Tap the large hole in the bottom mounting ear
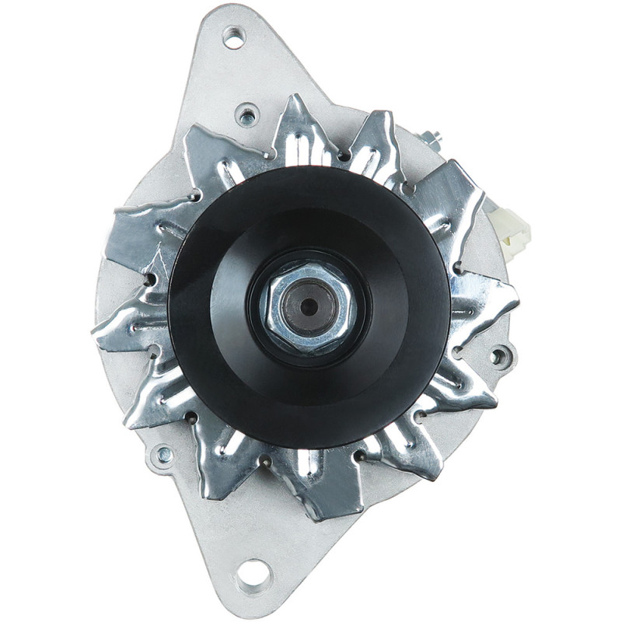pos(253,576)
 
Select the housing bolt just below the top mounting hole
pos(247,117)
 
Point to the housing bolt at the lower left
pos(164,455)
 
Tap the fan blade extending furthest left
pos(124,327)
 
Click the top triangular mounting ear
pos(233,70)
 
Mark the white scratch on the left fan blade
pos(159,260)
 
